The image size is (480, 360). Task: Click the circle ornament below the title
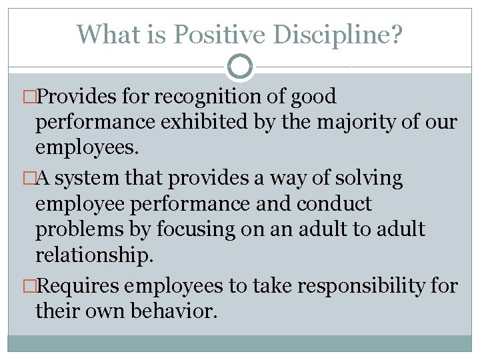pos(240,67)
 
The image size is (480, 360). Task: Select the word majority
pos(383,123)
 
